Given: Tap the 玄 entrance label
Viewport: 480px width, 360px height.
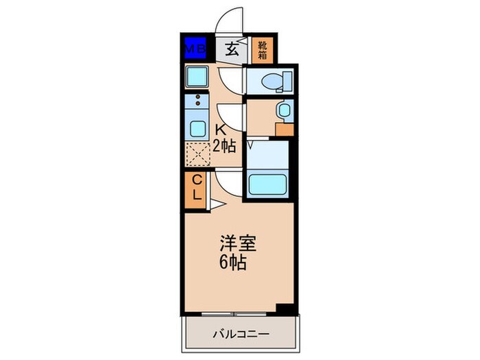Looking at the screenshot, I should pyautogui.click(x=232, y=49).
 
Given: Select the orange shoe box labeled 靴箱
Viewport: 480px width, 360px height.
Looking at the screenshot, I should pyautogui.click(x=262, y=49).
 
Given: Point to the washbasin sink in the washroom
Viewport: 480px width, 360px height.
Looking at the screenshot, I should pyautogui.click(x=284, y=110).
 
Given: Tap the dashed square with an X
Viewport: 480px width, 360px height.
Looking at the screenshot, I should pyautogui.click(x=197, y=154).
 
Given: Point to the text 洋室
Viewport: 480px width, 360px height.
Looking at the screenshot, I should pyautogui.click(x=236, y=243).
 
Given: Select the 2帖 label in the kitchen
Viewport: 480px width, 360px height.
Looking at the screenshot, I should pyautogui.click(x=224, y=145).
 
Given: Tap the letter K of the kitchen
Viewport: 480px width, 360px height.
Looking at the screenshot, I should pyautogui.click(x=221, y=130).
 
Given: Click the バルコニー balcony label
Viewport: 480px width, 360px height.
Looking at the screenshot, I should pyautogui.click(x=240, y=334).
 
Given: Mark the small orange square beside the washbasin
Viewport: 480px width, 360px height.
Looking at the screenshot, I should pyautogui.click(x=284, y=128).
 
